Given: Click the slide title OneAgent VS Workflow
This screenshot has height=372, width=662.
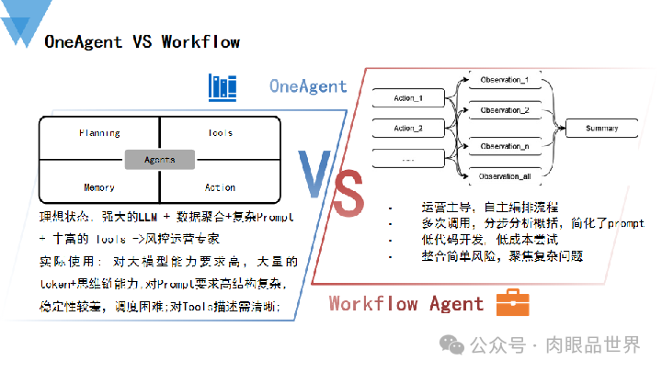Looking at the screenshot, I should (143, 41).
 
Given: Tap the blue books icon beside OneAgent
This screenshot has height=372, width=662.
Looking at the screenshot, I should (223, 87).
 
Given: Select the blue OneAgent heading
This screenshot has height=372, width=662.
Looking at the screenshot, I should (308, 87).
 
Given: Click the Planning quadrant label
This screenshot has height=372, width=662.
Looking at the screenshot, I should (100, 133).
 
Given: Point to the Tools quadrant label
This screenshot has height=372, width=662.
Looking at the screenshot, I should (220, 133).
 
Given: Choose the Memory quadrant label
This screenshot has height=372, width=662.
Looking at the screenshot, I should (99, 187).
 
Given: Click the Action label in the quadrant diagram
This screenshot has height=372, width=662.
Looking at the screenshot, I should (220, 187).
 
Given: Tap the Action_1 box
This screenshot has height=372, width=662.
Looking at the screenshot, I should (405, 98).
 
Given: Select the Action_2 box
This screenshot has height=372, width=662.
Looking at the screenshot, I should (405, 128).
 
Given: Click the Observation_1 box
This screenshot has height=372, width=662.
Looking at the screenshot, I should (505, 81).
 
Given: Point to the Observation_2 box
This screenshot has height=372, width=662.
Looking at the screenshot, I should (505, 110).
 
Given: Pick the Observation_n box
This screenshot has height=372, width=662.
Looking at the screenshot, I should (505, 146).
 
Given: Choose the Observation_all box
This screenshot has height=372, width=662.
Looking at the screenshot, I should (505, 175).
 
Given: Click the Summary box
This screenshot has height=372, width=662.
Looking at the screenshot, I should (602, 129).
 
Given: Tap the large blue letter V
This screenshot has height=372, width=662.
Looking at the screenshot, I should (313, 175).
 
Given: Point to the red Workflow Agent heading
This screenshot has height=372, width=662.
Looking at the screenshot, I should (405, 303).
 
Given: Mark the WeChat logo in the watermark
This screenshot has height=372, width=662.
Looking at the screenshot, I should (451, 344).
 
